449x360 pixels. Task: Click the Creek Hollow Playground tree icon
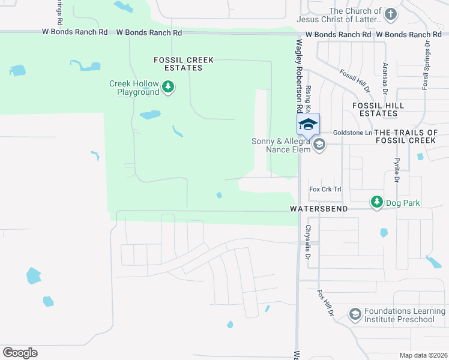tap(169, 88)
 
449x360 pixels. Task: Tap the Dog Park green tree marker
tap(376, 202)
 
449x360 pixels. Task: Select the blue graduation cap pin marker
tap(308, 124)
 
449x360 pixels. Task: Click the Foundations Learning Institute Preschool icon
tap(355, 314)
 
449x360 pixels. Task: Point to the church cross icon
tap(391, 14)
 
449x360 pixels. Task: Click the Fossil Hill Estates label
tap(378, 109)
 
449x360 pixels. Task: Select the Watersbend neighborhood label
tap(312, 209)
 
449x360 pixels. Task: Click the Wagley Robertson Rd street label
tap(298, 76)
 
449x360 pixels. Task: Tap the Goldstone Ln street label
tap(353, 132)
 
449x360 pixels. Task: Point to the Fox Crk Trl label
tap(325, 189)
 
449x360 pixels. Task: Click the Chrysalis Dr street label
tap(307, 242)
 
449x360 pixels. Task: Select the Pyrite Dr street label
tap(397, 171)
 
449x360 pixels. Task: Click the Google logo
tap(20, 353)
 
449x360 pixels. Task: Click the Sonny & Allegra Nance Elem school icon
tap(319, 144)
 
